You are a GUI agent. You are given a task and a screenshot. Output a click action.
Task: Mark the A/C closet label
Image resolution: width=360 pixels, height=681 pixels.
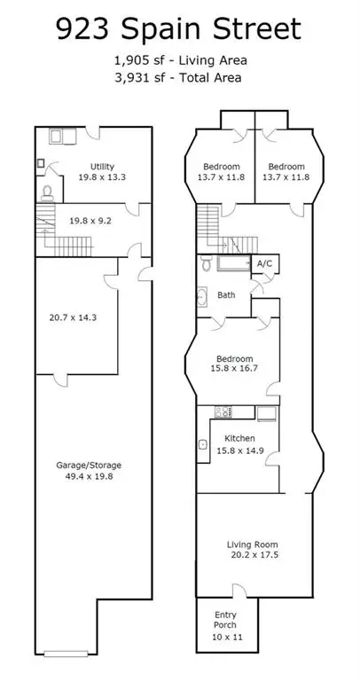coord(263,264)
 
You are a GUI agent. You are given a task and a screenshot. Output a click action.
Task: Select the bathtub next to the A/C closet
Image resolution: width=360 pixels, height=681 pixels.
coord(231,263)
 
